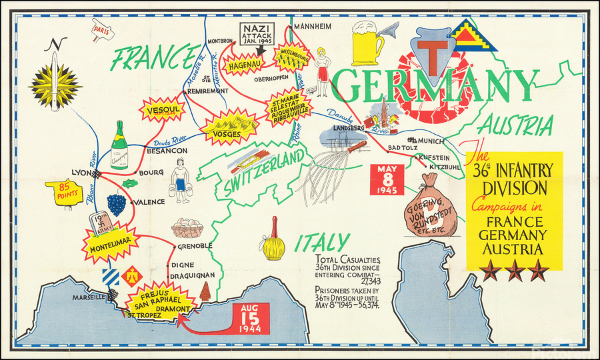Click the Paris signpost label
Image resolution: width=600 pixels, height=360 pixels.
(101, 30)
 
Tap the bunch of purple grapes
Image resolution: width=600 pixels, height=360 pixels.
(117, 203)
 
